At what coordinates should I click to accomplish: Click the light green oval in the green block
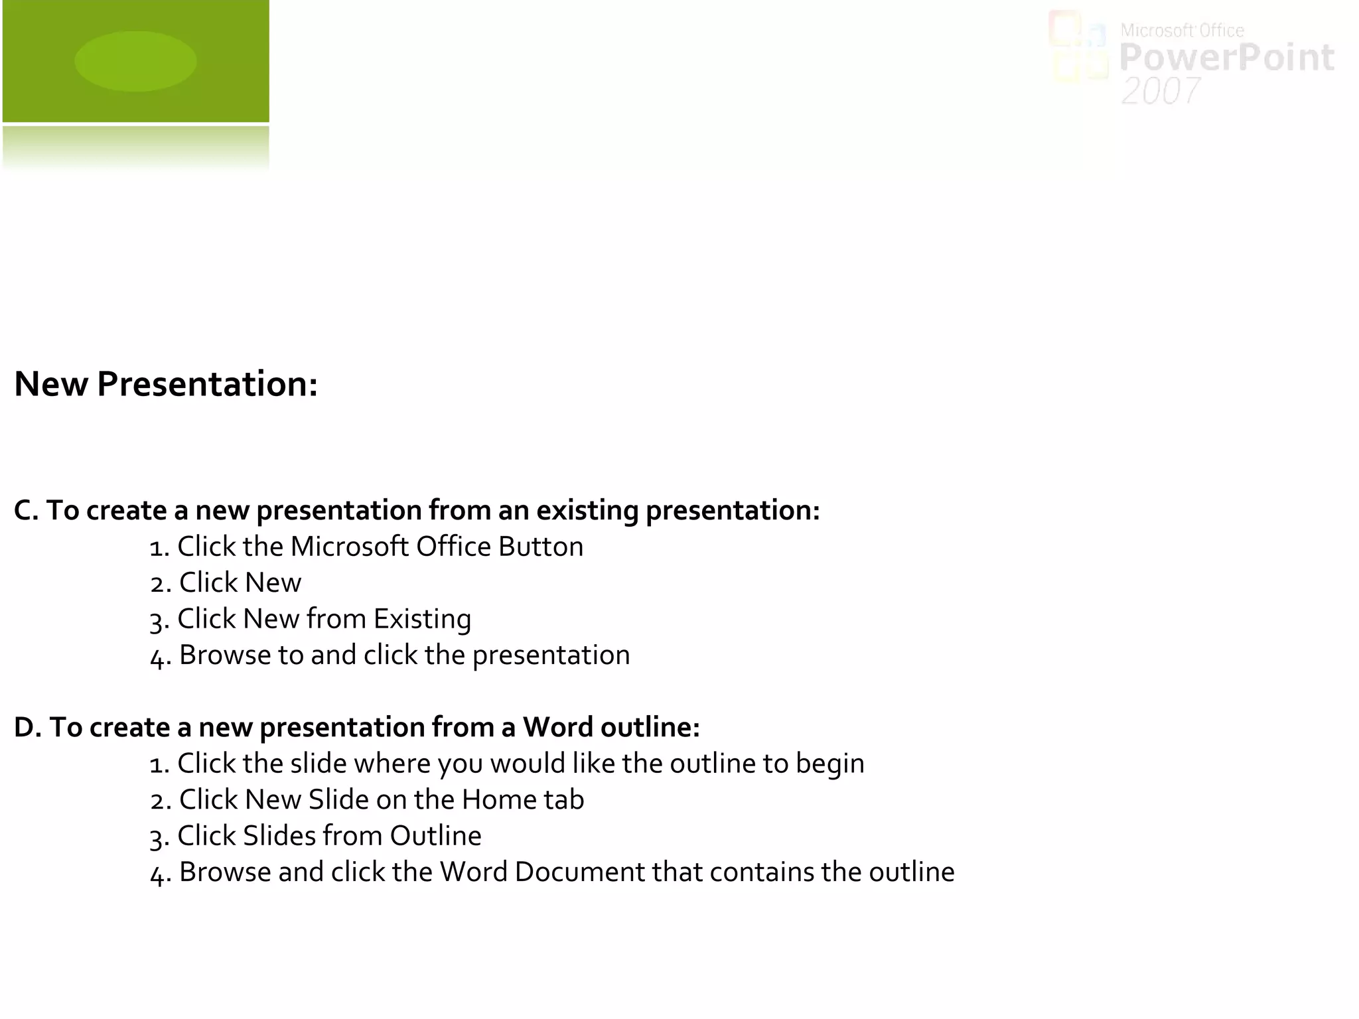[135, 61]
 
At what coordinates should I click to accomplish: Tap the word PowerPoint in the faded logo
[1226, 58]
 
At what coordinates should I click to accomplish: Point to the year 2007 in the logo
[1161, 91]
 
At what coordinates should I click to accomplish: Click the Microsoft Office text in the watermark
[1182, 31]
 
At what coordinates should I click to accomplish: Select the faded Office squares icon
[1078, 48]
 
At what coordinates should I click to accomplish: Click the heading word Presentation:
[207, 384]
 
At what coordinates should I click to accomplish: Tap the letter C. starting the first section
[27, 510]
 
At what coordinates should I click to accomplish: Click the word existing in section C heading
[587, 511]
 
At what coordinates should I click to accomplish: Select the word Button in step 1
[540, 547]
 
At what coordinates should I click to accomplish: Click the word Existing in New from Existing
[422, 619]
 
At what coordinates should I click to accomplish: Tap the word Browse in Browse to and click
[225, 655]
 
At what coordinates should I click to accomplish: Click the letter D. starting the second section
[28, 727]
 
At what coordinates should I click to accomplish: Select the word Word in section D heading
[557, 727]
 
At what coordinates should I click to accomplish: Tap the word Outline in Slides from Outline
[435, 836]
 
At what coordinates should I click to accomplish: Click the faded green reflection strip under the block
[135, 147]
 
